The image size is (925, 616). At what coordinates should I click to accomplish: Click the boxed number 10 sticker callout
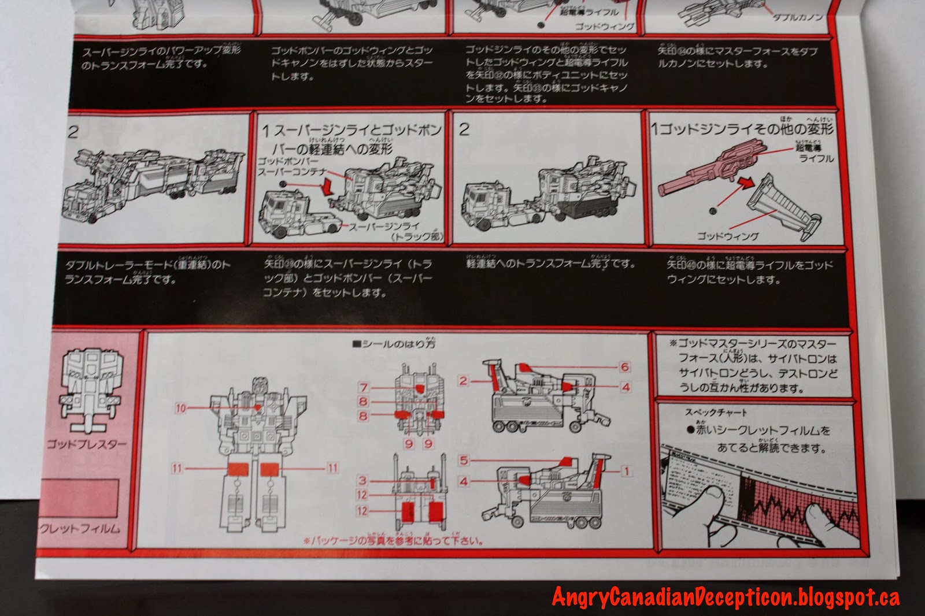coord(181,408)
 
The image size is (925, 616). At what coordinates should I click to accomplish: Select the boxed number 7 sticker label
coord(362,388)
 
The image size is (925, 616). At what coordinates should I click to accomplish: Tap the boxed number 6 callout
coord(624,367)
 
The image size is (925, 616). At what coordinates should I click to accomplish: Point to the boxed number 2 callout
coord(463,381)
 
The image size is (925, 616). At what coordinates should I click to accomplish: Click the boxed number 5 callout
coord(463,461)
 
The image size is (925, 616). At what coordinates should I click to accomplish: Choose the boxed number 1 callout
coord(625,471)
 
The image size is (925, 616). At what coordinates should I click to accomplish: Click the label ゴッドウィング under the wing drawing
coord(727,236)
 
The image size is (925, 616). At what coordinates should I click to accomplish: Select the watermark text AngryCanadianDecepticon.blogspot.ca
coord(726,596)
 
